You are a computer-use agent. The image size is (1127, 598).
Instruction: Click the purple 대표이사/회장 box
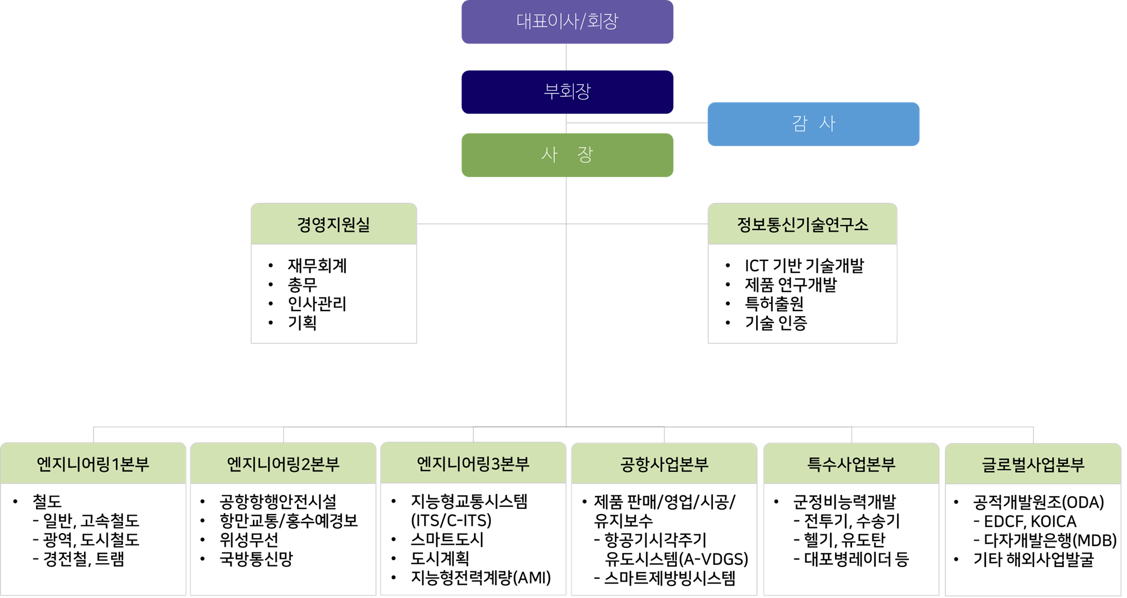(567, 21)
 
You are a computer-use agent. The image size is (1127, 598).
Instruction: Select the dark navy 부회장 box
(567, 91)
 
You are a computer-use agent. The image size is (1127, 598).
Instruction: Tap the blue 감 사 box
(813, 123)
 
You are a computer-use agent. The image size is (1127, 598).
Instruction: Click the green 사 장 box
(567, 155)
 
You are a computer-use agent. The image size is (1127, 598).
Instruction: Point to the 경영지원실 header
(334, 224)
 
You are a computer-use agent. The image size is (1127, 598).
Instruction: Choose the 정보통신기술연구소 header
(802, 224)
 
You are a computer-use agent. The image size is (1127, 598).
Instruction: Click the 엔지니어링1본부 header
(93, 464)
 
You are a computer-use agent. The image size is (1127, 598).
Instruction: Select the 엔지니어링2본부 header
(283, 464)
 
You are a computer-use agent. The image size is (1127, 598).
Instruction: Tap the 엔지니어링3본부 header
(473, 463)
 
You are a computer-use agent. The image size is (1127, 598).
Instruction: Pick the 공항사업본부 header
(664, 464)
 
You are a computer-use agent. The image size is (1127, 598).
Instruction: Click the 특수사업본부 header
(851, 464)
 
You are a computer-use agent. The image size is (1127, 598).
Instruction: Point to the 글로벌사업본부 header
(1033, 464)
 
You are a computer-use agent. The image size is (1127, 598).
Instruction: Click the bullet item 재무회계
(317, 265)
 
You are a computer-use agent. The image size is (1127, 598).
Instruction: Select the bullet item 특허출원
(774, 304)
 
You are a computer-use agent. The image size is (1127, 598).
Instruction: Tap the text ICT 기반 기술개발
(804, 265)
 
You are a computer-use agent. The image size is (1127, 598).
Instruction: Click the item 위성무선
(249, 540)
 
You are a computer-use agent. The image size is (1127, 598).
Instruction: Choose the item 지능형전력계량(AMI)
(481, 578)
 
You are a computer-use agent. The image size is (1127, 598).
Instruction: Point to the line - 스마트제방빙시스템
(665, 578)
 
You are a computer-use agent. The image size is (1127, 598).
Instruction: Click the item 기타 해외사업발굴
(1033, 560)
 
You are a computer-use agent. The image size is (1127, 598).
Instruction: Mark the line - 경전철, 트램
(79, 559)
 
